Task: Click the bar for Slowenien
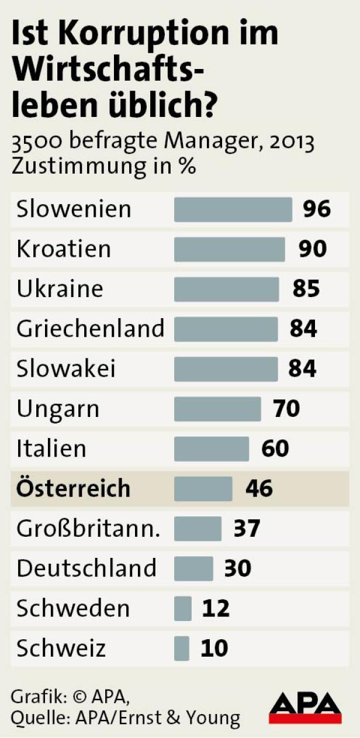(x=233, y=209)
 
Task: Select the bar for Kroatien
(x=229, y=249)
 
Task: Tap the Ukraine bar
(x=226, y=289)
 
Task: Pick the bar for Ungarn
(x=217, y=409)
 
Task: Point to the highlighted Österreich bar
(x=203, y=488)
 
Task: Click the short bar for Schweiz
(x=182, y=648)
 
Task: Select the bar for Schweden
(x=183, y=608)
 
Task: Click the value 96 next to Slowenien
(x=317, y=209)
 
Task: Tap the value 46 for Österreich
(x=259, y=488)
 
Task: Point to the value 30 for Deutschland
(x=238, y=568)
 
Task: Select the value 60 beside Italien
(x=275, y=449)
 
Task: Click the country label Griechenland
(x=90, y=329)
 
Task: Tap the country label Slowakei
(x=66, y=369)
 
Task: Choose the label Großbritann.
(x=88, y=529)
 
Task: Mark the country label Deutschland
(x=86, y=568)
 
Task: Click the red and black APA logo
(x=305, y=708)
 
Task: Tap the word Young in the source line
(x=213, y=718)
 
